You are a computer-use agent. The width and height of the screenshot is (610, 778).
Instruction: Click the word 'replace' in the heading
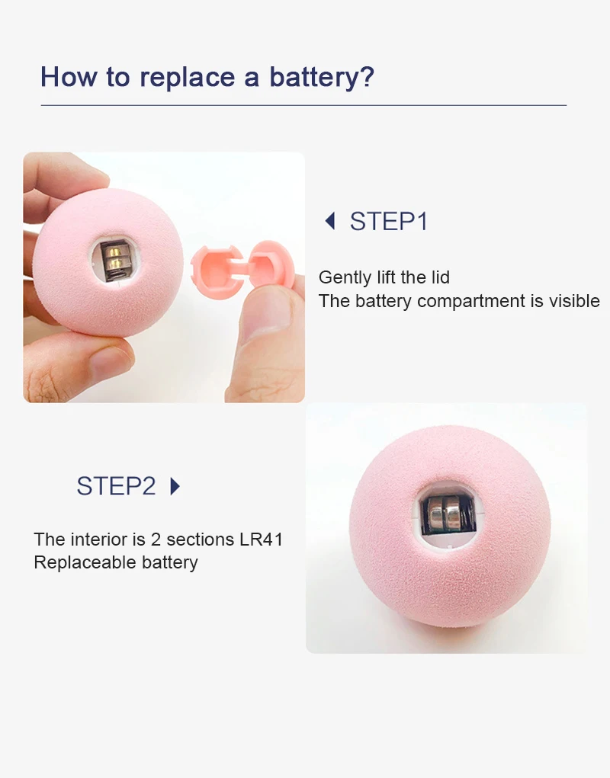pos(187,78)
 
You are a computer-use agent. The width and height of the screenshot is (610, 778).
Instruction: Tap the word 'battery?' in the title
pos(322,78)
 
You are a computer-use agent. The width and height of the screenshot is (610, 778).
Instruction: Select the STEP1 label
pos(389,221)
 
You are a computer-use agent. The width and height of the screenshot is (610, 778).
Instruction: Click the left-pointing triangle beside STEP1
pos(330,221)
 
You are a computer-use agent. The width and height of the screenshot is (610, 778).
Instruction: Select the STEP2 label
pos(116,485)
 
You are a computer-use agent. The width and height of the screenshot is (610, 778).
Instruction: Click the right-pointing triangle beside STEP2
pos(175,486)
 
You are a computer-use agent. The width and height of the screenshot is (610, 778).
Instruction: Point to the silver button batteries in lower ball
pos(445,516)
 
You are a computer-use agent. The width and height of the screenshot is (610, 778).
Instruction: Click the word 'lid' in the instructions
pos(439,277)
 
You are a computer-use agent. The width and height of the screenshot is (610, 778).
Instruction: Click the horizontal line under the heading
pos(303,105)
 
